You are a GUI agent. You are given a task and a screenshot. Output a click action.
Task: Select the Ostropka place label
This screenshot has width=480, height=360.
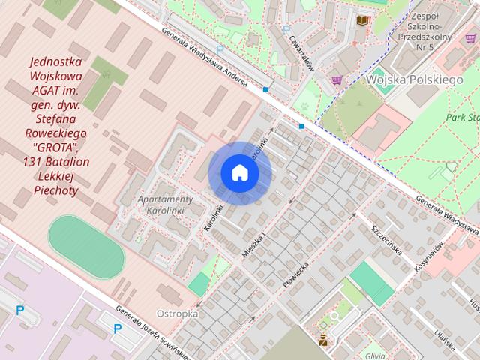click(x=178, y=313)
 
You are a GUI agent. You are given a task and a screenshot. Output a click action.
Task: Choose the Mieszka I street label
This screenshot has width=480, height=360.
click(x=256, y=244)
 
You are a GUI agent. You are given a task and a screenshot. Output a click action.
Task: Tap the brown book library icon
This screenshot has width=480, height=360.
click(x=362, y=19)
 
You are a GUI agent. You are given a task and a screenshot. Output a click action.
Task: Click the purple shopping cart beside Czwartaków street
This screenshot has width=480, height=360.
click(x=337, y=79)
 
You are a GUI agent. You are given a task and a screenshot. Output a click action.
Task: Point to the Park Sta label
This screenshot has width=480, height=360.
click(x=462, y=118)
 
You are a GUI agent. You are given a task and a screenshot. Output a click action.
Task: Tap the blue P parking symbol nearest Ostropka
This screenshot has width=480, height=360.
click(x=118, y=328)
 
